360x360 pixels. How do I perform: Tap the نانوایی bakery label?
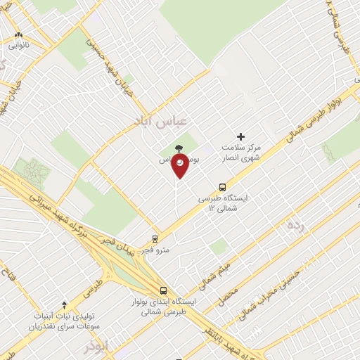(x=19, y=44)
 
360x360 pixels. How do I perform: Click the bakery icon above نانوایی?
(x=19, y=34)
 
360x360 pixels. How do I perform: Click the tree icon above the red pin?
(x=179, y=148)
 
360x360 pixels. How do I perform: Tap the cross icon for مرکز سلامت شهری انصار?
(x=240, y=136)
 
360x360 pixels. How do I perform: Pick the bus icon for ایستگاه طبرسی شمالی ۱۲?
(x=222, y=187)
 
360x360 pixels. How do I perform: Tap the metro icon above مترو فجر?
(x=155, y=239)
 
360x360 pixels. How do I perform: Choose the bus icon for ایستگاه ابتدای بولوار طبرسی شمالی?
(x=163, y=290)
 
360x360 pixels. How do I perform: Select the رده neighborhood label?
(x=296, y=226)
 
